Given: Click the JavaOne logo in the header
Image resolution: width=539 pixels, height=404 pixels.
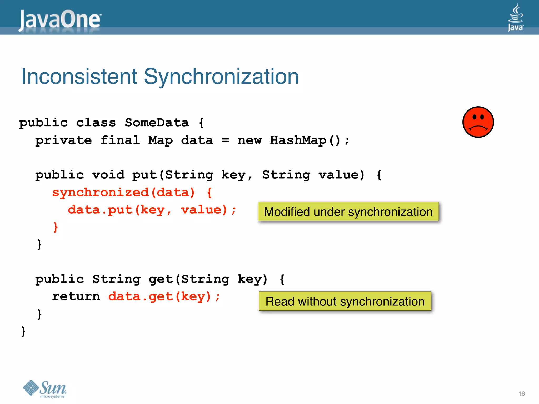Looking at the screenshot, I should [x=60, y=20].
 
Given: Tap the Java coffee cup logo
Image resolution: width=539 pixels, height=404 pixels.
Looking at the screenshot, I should [x=515, y=17].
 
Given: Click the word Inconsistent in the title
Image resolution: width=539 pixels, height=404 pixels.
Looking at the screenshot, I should [x=79, y=77].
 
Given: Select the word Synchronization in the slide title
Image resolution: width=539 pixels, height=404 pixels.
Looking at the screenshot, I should [x=221, y=77].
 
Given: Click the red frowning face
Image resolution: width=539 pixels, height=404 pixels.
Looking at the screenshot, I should [x=478, y=122].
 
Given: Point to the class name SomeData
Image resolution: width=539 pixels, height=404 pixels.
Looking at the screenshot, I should [x=157, y=123].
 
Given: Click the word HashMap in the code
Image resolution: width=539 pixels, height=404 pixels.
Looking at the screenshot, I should [x=298, y=140].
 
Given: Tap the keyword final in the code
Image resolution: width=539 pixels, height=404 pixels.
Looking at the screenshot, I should [x=120, y=140].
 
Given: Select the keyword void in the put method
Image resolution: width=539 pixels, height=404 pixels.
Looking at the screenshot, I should [x=108, y=175].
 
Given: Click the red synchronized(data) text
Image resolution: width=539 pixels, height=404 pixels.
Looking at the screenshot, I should [x=123, y=193].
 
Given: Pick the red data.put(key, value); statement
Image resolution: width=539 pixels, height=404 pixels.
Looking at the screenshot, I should [x=152, y=210].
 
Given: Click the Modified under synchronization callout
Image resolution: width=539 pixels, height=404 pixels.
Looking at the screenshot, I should [x=348, y=212].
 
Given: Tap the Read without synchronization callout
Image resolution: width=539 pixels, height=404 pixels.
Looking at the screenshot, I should [x=345, y=301].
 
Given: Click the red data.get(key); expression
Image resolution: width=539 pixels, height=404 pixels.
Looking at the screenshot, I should [x=164, y=297].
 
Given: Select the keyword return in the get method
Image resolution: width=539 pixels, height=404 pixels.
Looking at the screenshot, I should [x=76, y=297].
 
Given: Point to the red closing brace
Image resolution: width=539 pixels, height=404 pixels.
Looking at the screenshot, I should [x=56, y=227].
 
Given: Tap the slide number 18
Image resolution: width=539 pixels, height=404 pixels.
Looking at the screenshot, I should [x=521, y=393].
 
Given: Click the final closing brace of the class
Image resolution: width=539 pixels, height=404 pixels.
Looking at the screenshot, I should [x=23, y=331].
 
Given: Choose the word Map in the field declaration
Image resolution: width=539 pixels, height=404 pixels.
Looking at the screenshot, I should [x=160, y=140].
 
